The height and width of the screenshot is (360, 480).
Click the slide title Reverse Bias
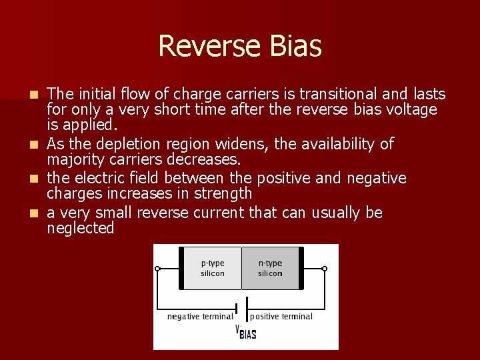tap(240, 47)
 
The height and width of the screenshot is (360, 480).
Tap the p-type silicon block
tap(213, 268)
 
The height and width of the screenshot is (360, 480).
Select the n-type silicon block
tap(270, 268)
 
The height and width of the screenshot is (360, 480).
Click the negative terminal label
tap(199, 316)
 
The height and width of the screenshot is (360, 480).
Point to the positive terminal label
tap(281, 316)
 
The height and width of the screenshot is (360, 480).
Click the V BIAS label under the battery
tap(246, 332)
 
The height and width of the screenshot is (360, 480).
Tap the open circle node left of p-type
tap(158, 269)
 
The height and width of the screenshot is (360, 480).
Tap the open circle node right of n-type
tap(325, 269)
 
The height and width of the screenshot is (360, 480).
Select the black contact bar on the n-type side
tap(301, 268)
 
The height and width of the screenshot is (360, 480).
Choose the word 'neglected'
tap(81, 229)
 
